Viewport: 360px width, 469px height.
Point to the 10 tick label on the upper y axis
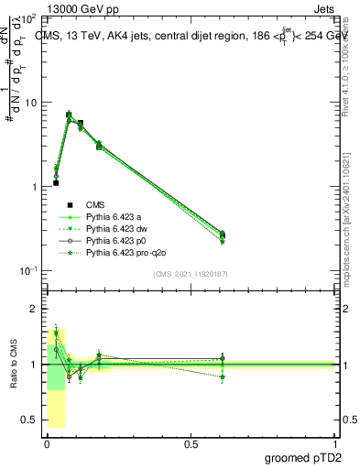coord(29,103)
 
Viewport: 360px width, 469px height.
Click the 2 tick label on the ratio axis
coord(34,310)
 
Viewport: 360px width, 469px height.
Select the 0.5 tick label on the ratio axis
coord(28,420)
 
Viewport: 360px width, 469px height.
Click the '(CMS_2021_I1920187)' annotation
coord(190,274)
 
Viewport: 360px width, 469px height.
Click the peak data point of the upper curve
coord(69,115)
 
